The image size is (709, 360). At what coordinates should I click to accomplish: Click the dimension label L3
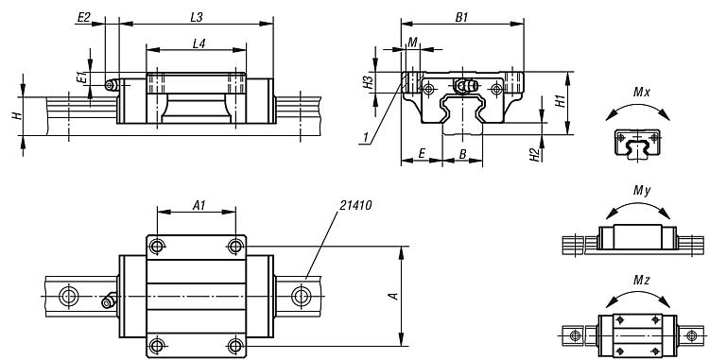[x=197, y=17]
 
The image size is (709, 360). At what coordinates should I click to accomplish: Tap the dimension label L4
[x=199, y=43]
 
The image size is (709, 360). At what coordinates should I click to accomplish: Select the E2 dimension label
[x=84, y=17]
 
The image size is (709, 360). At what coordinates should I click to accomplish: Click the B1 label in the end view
[x=461, y=17]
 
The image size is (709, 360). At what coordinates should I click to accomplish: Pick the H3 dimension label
[x=369, y=82]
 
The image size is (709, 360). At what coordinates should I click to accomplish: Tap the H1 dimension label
[x=561, y=101]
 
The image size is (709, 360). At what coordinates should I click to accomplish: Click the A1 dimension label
[x=199, y=206]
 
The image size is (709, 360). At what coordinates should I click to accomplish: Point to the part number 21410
[x=355, y=206]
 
